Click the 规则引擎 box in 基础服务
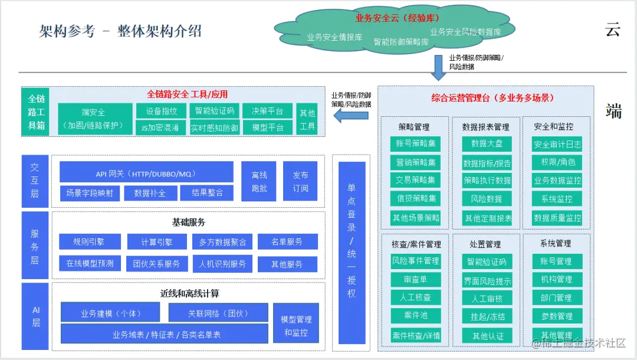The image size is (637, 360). pyautogui.click(x=90, y=241)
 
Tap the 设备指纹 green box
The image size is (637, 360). pyautogui.click(x=161, y=111)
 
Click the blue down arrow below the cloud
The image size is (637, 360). pyautogui.click(x=439, y=67)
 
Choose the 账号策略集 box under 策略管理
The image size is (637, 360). pyautogui.click(x=416, y=143)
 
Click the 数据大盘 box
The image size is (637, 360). pyautogui.click(x=487, y=143)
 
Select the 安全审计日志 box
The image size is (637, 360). pyautogui.click(x=557, y=144)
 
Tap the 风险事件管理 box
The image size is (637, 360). pyautogui.click(x=415, y=261)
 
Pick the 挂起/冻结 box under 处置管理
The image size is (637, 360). pyautogui.click(x=487, y=316)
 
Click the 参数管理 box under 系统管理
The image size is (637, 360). pyautogui.click(x=556, y=316)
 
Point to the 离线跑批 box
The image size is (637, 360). pyautogui.click(x=260, y=181)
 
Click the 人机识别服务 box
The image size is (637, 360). pyautogui.click(x=222, y=264)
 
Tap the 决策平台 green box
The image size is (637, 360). pyautogui.click(x=267, y=111)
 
